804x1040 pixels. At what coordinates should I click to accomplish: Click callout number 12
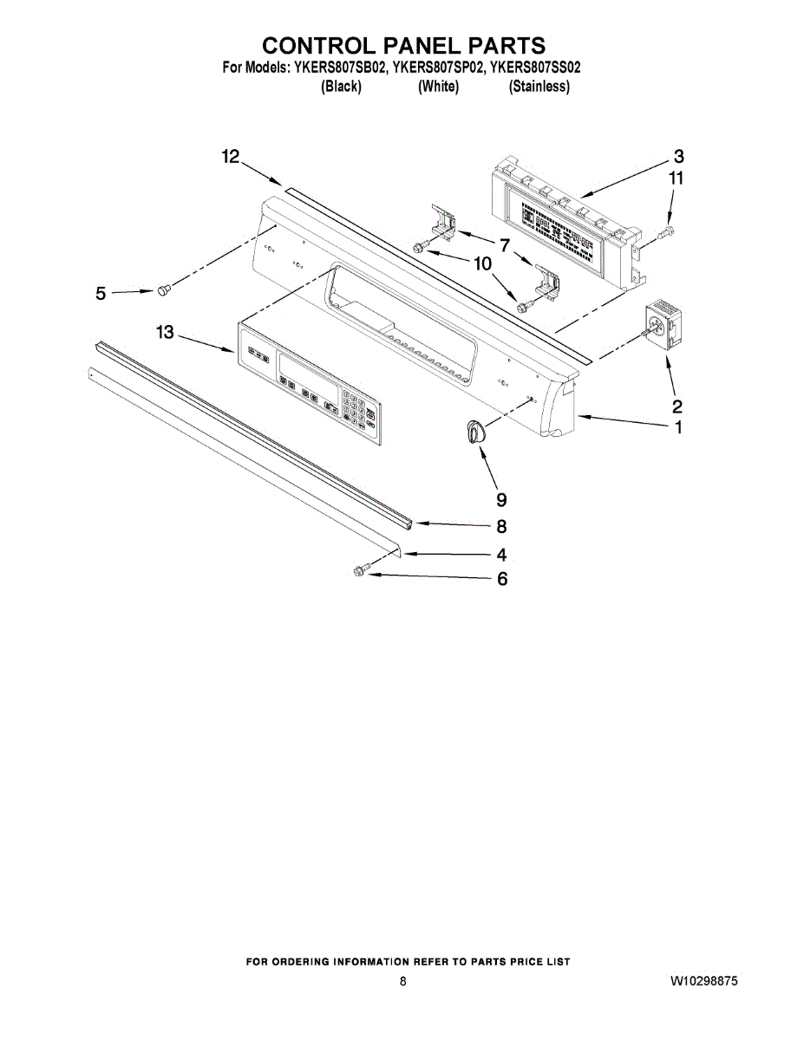pos(230,156)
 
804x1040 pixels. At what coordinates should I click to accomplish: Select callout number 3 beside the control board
pos(679,157)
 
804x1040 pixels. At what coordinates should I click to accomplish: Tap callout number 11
pos(676,179)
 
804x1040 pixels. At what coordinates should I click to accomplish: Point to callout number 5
pos(101,294)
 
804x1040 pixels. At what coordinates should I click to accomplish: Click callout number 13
pos(165,332)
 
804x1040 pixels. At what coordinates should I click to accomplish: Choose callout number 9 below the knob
pos(501,499)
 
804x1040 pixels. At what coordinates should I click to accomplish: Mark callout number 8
pos(501,526)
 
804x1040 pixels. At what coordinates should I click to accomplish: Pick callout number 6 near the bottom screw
pos(501,579)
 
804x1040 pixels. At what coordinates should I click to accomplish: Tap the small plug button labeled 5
pos(162,289)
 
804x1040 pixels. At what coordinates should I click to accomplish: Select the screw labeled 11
pos(668,231)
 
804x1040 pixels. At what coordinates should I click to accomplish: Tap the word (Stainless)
pos(539,86)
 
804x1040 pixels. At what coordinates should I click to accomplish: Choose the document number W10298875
pos(703,982)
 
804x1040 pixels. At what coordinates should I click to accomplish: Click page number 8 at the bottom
pos(402,982)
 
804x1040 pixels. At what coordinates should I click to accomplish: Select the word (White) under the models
pos(438,86)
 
